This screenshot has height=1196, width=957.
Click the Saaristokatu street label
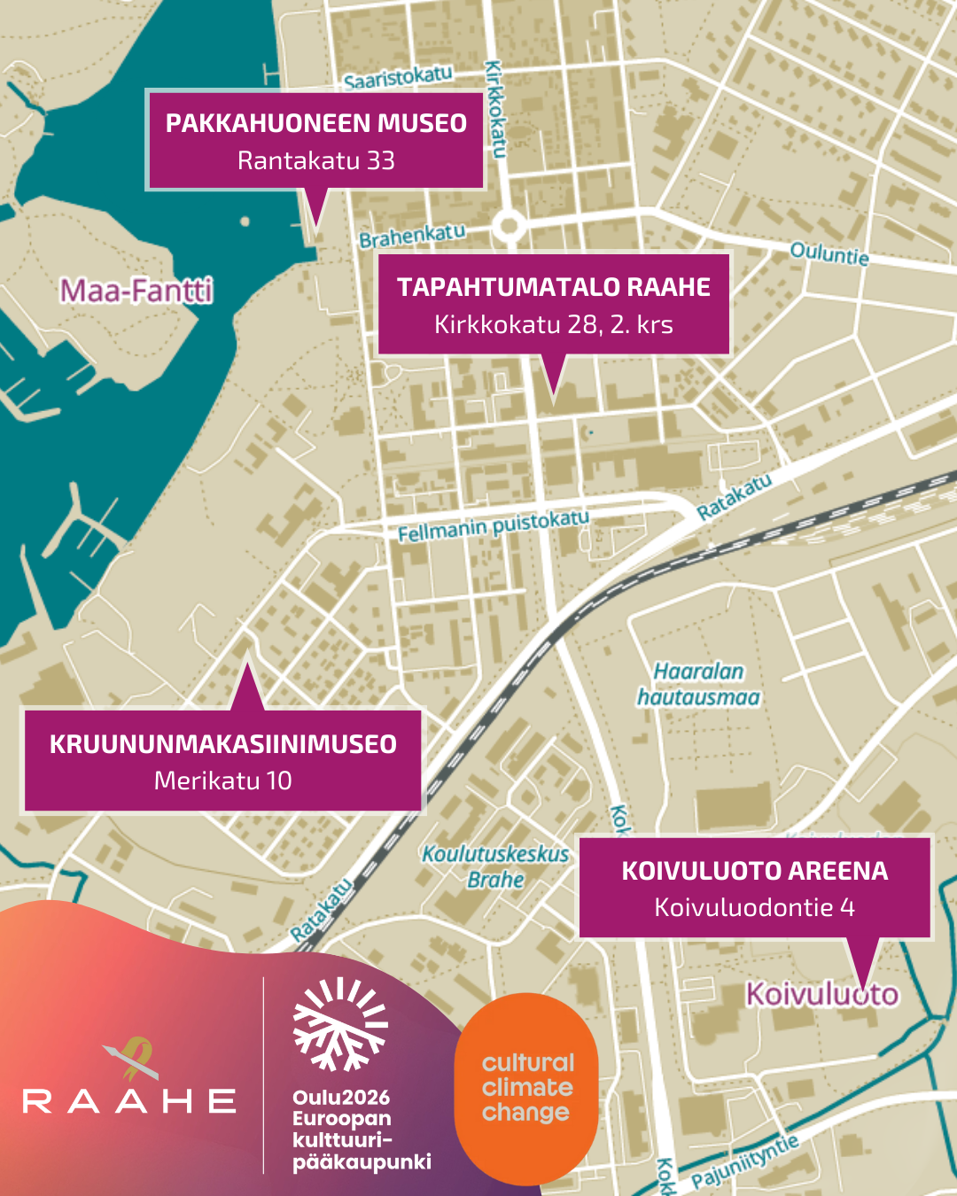(398, 78)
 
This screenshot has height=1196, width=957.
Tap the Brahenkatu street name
(412, 236)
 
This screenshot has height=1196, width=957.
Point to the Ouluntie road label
(829, 253)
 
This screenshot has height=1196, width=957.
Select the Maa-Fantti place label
(136, 291)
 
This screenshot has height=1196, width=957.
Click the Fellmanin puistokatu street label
(493, 525)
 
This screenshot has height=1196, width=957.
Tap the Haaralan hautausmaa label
(698, 685)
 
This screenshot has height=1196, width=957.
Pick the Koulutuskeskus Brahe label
(495, 866)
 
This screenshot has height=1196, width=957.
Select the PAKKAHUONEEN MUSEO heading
(316, 123)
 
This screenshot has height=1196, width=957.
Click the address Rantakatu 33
(316, 160)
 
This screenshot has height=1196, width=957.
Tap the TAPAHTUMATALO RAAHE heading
(554, 287)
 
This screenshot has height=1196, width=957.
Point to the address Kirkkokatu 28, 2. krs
(554, 324)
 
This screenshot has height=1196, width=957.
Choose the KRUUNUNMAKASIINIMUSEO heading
(222, 744)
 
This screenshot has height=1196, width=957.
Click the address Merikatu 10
(222, 781)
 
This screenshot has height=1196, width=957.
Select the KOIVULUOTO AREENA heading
(754, 871)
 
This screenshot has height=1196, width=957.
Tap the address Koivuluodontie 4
(754, 907)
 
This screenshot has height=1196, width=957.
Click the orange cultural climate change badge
(526, 1088)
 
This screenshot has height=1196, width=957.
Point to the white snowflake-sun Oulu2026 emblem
(340, 1024)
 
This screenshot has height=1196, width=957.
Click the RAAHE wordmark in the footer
(129, 1101)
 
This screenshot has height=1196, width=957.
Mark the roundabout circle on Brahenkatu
(509, 225)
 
